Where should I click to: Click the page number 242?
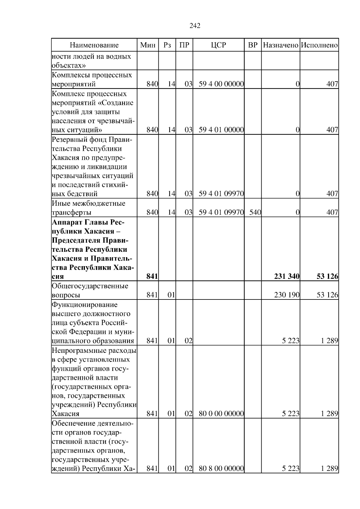pyautogui.click(x=195, y=26)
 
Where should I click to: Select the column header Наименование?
pyautogui.click(x=94, y=45)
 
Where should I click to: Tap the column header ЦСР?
pyautogui.click(x=218, y=45)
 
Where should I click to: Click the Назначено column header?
pyautogui.click(x=280, y=45)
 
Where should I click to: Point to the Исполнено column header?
pyautogui.click(x=319, y=45)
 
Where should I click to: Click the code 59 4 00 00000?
pyautogui.click(x=221, y=84)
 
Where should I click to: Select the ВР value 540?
pyautogui.click(x=255, y=213)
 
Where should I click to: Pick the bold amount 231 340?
pyautogui.click(x=286, y=276)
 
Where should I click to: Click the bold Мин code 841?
pyautogui.click(x=152, y=276)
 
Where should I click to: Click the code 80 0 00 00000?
pyautogui.click(x=221, y=414)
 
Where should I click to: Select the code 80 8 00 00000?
pyautogui.click(x=221, y=469)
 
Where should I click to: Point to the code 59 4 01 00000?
pyautogui.click(x=221, y=130)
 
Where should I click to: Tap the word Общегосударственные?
pyautogui.click(x=90, y=286)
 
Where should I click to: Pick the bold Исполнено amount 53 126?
pyautogui.click(x=327, y=276)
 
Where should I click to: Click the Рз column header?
pyautogui.click(x=167, y=45)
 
